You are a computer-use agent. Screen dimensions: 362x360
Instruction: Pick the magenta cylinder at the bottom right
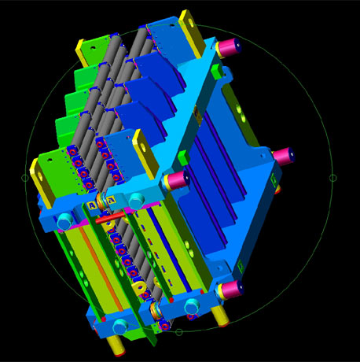(230, 290)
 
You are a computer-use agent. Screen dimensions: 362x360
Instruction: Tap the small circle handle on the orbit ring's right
(332, 178)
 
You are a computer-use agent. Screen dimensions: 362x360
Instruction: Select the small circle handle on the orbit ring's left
(24, 178)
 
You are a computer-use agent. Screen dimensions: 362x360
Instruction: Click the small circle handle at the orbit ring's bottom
(179, 332)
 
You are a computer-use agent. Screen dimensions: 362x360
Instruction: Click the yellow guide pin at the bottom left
(116, 343)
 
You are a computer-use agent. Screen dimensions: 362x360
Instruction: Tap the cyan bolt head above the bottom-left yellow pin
(119, 326)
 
